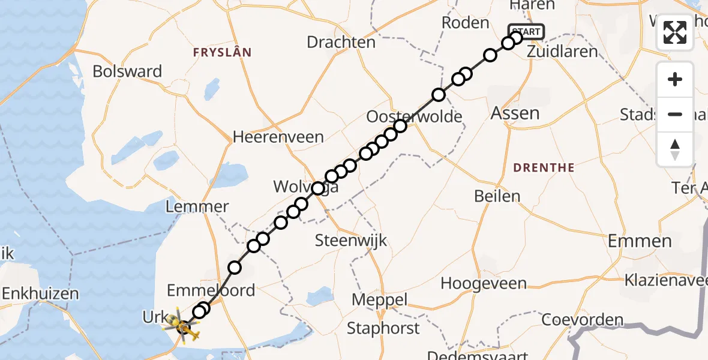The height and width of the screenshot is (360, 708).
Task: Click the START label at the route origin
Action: point(526,31)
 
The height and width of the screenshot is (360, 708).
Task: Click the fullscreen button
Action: point(675,32)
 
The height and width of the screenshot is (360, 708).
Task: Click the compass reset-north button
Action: point(675,148)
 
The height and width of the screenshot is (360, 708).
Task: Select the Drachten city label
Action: point(341,43)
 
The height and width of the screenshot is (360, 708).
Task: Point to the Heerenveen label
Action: point(278,137)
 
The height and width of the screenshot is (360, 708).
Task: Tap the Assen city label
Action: point(515,113)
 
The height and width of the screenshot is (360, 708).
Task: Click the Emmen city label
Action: point(640,241)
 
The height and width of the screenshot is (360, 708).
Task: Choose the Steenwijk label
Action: point(352,241)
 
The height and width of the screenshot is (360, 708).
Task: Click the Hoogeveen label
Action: point(484,283)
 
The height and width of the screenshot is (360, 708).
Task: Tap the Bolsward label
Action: point(127,71)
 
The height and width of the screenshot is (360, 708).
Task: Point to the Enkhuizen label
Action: point(41,294)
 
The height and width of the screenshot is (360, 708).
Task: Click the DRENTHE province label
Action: point(544,167)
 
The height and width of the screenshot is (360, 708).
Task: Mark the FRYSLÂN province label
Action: point(221,53)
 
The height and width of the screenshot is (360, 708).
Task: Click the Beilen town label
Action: point(497,196)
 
